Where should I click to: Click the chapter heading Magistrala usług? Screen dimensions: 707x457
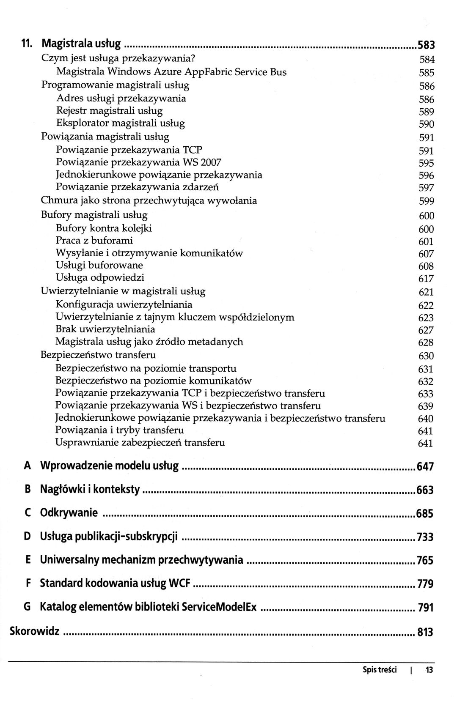[x=81, y=44]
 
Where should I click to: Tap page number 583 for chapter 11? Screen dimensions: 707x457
[x=426, y=45]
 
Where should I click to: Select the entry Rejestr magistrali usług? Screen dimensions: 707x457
[x=109, y=111]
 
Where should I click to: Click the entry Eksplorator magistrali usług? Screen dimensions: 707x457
[x=120, y=123]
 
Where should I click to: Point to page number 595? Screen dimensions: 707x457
[x=426, y=163]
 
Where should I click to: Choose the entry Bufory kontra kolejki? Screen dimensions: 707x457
[x=104, y=228]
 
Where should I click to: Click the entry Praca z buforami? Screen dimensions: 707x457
[x=94, y=241]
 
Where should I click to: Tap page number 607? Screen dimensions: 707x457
[x=426, y=254]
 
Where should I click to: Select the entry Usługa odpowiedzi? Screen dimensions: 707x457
[x=100, y=277]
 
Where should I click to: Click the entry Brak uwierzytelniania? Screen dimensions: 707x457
[x=105, y=329]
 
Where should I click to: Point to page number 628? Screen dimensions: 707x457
[x=426, y=343]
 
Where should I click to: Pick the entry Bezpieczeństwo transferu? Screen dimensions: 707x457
[x=98, y=355]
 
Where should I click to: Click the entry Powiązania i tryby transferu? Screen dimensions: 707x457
[x=120, y=430]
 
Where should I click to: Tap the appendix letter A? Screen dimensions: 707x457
[x=28, y=466]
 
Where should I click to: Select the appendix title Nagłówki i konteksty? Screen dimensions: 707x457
[x=90, y=490]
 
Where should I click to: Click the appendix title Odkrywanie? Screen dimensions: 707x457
[x=69, y=513]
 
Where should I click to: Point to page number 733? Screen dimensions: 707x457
[x=425, y=537]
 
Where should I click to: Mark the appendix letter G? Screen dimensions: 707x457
[x=27, y=607]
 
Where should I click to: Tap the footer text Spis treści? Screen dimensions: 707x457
[x=380, y=670]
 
